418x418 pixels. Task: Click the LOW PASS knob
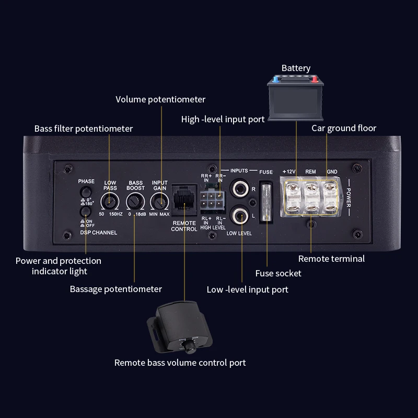pyautogui.click(x=110, y=200)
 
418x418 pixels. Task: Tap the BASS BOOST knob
pyautogui.click(x=135, y=201)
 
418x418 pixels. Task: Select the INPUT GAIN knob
pyautogui.click(x=159, y=201)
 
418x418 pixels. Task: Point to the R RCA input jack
pyautogui.click(x=241, y=188)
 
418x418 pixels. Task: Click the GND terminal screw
pyautogui.click(x=330, y=189)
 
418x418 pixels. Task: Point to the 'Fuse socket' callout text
pyautogui.click(x=278, y=273)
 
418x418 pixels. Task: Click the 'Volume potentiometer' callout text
pyautogui.click(x=160, y=99)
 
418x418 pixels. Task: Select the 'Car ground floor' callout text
pyautogui.click(x=344, y=128)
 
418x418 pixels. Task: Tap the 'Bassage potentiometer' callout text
pyautogui.click(x=116, y=289)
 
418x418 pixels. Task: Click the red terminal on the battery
pyautogui.click(x=315, y=80)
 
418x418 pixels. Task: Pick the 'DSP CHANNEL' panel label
pyautogui.click(x=98, y=232)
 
